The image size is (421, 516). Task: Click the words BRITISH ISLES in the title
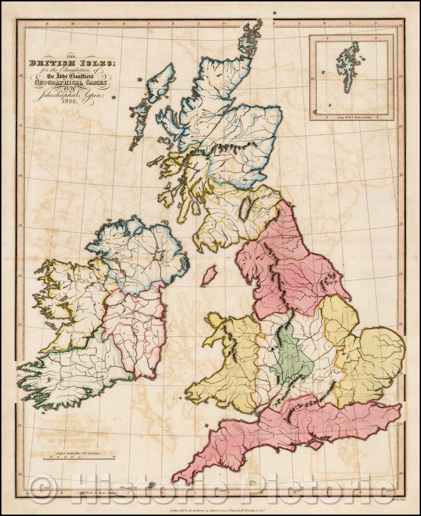pyautogui.click(x=72, y=63)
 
